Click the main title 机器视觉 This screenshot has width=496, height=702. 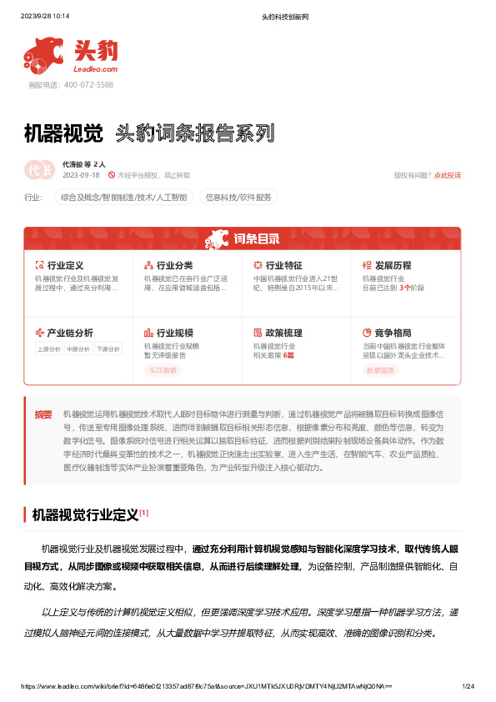pyautogui.click(x=63, y=133)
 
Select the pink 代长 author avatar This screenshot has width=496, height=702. pyautogui.click(x=39, y=169)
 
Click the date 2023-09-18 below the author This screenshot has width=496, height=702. pyautogui.click(x=81, y=175)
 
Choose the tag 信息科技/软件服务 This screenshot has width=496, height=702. pyautogui.click(x=239, y=198)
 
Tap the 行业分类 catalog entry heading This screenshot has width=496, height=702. pyautogui.click(x=174, y=265)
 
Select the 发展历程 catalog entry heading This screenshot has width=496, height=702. pyautogui.click(x=393, y=265)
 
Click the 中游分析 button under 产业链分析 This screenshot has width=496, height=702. pyautogui.click(x=78, y=349)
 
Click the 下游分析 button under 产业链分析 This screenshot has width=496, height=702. pyautogui.click(x=107, y=349)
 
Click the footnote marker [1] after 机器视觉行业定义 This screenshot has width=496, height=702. pyautogui.click(x=144, y=512)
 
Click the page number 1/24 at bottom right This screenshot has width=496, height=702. pyautogui.click(x=468, y=685)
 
